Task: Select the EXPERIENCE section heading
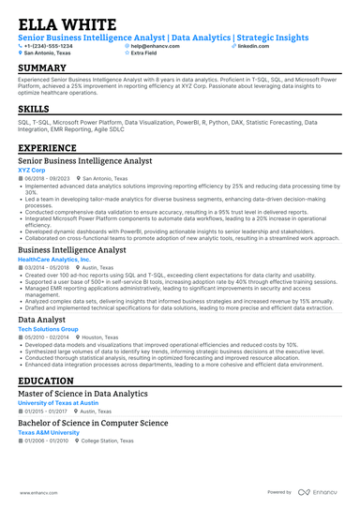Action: (x=49, y=148)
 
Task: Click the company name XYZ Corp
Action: (x=32, y=171)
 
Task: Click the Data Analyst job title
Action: (x=42, y=320)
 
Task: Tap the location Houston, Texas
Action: (x=101, y=337)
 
